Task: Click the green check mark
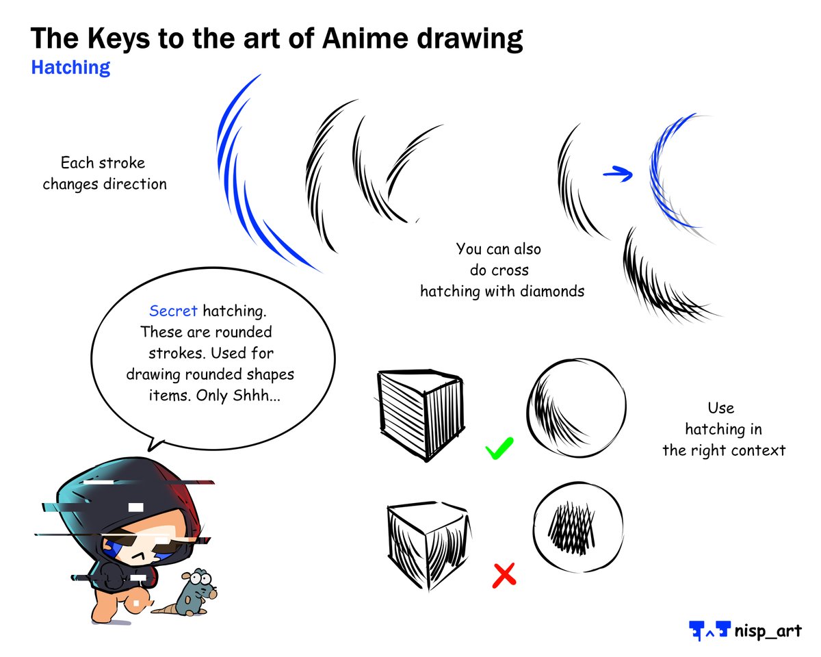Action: pyautogui.click(x=499, y=451)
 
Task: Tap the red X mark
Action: pyautogui.click(x=504, y=575)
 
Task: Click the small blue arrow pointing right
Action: pyautogui.click(x=618, y=175)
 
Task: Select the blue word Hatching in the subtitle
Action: pyautogui.click(x=70, y=68)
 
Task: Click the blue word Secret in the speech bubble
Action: pyautogui.click(x=173, y=311)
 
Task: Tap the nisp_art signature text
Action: pyautogui.click(x=767, y=630)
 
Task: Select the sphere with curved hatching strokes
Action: pyautogui.click(x=576, y=409)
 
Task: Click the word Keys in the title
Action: pyautogui.click(x=114, y=39)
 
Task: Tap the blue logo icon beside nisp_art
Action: pyautogui.click(x=709, y=630)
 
